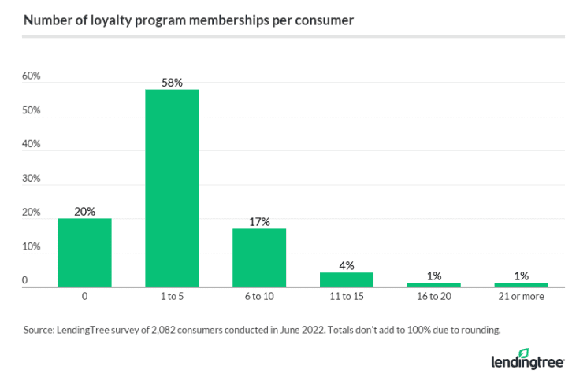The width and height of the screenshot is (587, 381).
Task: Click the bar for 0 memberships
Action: click(x=84, y=253)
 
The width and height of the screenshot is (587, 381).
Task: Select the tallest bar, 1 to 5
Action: click(x=172, y=188)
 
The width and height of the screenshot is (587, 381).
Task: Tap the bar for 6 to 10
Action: click(x=259, y=257)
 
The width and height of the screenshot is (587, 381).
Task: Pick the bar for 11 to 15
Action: click(x=347, y=279)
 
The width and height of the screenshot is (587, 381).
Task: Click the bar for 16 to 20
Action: click(x=434, y=284)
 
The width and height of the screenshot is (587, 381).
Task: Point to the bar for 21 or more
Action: click(x=521, y=284)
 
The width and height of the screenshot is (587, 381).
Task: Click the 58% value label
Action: click(x=172, y=83)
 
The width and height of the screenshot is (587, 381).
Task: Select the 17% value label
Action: click(x=259, y=222)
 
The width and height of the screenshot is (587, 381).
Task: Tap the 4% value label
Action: click(x=347, y=266)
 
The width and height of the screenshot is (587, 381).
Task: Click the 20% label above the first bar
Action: click(x=84, y=212)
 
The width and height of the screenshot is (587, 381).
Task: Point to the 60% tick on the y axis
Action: click(x=31, y=76)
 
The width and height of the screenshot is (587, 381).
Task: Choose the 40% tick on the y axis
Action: click(x=31, y=145)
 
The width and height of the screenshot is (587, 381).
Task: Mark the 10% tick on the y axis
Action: click(x=31, y=246)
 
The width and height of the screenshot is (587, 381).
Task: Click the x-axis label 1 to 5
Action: click(x=172, y=298)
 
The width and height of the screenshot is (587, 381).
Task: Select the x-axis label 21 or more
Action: click(x=521, y=298)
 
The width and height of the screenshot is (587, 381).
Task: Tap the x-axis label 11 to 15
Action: click(x=347, y=298)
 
